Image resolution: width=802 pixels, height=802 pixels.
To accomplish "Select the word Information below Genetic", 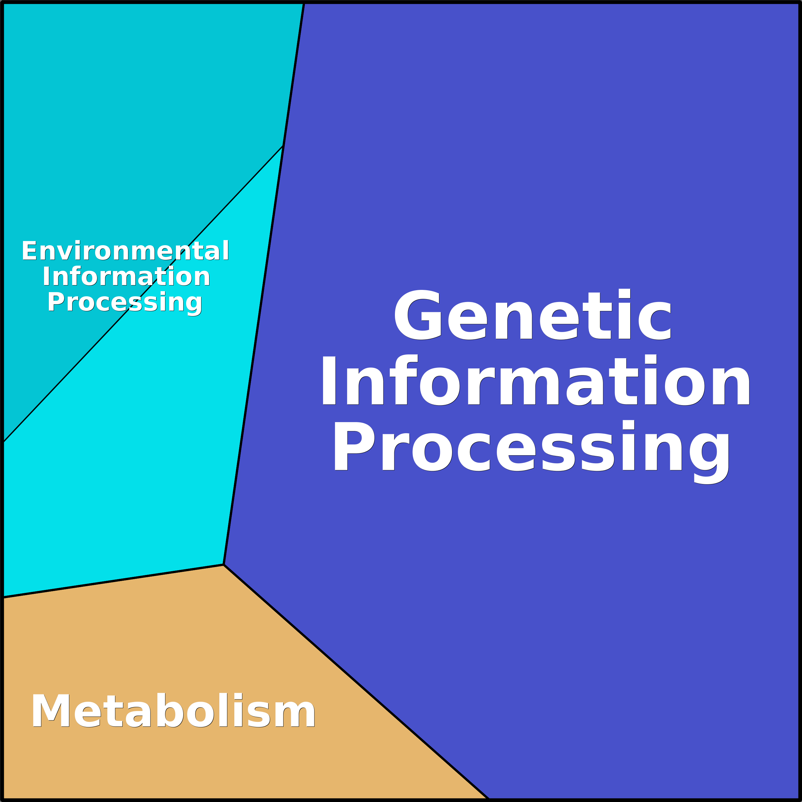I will [535, 381].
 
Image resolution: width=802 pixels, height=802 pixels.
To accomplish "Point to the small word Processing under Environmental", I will [125, 303].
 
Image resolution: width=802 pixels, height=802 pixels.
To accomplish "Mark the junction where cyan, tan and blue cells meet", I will [224, 564].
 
